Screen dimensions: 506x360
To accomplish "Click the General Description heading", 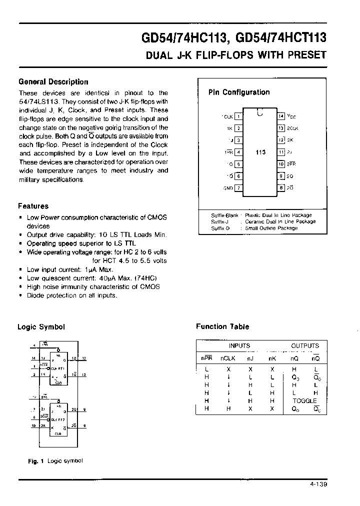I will pyautogui.click(x=53, y=82).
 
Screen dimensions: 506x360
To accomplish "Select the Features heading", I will pyautogui.click(x=33, y=206).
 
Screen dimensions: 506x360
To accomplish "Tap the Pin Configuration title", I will pyautogui.click(x=239, y=92).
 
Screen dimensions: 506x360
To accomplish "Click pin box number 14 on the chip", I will pyautogui.click(x=281, y=116).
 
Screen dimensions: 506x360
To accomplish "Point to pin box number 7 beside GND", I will pyautogui.click(x=238, y=188).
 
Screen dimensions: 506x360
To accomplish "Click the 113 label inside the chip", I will pyautogui.click(x=260, y=152).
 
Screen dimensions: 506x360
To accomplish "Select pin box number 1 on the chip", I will pyautogui.click(x=238, y=116).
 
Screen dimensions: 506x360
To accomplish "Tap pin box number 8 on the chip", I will pyautogui.click(x=281, y=188).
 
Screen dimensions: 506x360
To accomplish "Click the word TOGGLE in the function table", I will pyautogui.click(x=304, y=401).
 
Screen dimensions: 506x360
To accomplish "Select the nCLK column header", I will pyautogui.click(x=228, y=358).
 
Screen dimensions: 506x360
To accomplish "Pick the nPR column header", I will pyautogui.click(x=206, y=358).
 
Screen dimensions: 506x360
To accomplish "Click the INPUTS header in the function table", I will pyautogui.click(x=239, y=345).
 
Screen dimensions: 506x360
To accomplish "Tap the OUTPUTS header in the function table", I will pyautogui.click(x=304, y=345).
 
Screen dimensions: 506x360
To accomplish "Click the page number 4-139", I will pyautogui.click(x=317, y=484).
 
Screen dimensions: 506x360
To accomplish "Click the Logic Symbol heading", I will pyautogui.click(x=41, y=327).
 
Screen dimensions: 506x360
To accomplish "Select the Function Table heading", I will pyautogui.click(x=222, y=326).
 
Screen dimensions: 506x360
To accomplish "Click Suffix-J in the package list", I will pyautogui.click(x=220, y=221).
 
